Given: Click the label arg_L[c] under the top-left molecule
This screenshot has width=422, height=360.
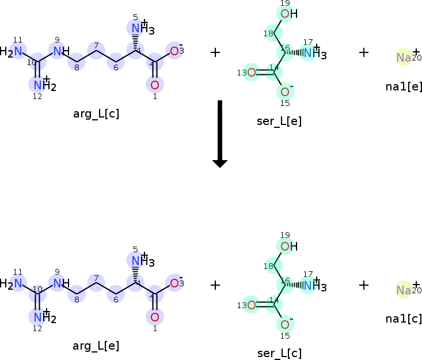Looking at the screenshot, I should (x=96, y=113).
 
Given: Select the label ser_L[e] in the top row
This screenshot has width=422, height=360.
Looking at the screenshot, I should (x=279, y=121).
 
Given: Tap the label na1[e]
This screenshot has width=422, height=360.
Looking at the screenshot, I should (x=404, y=86).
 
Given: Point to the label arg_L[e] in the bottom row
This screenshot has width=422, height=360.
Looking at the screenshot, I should (x=96, y=346).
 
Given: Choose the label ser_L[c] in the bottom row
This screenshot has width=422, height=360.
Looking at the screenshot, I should (x=279, y=353).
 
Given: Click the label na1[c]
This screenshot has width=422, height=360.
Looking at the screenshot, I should (x=404, y=319).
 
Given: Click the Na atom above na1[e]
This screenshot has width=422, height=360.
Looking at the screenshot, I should (x=404, y=57).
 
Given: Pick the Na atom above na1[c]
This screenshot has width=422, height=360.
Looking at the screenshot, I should (x=404, y=290).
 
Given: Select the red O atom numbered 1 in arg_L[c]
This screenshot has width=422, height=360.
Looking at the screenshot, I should (x=154, y=85).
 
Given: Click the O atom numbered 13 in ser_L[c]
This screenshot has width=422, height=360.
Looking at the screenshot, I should (x=251, y=305).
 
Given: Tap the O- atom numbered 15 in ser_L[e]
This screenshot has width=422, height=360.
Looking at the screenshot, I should (x=284, y=92).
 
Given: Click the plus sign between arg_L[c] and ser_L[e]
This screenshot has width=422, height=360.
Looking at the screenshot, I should (x=215, y=52).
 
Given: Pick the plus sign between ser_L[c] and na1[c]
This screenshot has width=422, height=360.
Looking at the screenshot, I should (x=364, y=285).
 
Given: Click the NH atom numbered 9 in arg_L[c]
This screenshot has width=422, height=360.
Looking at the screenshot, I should (x=59, y=51).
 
